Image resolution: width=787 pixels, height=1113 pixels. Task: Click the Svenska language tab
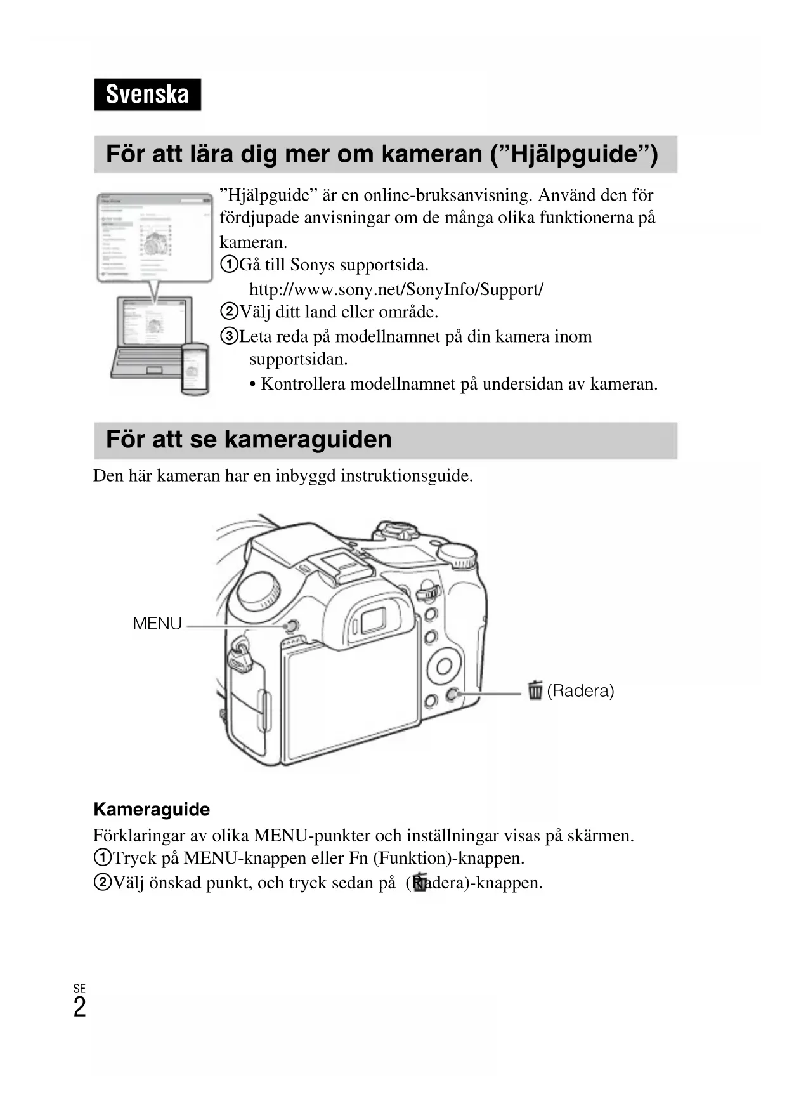click(147, 95)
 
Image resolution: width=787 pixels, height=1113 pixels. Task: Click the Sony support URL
click(396, 289)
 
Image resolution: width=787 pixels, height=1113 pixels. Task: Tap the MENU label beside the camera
click(157, 624)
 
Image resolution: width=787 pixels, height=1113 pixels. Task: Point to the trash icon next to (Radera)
click(535, 690)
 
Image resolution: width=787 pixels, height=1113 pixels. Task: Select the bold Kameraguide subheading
click(152, 809)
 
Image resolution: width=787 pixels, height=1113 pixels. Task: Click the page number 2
click(79, 1008)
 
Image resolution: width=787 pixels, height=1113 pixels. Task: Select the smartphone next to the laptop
click(195, 368)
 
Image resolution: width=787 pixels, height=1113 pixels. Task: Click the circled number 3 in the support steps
click(229, 336)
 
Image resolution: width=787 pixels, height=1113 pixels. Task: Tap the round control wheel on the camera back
click(443, 666)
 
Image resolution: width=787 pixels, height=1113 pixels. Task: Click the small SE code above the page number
click(79, 989)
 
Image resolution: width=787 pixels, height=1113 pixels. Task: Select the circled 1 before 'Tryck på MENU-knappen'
click(102, 858)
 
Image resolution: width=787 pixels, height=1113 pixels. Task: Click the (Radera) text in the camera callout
click(580, 690)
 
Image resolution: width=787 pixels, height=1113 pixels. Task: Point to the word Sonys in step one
click(312, 265)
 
